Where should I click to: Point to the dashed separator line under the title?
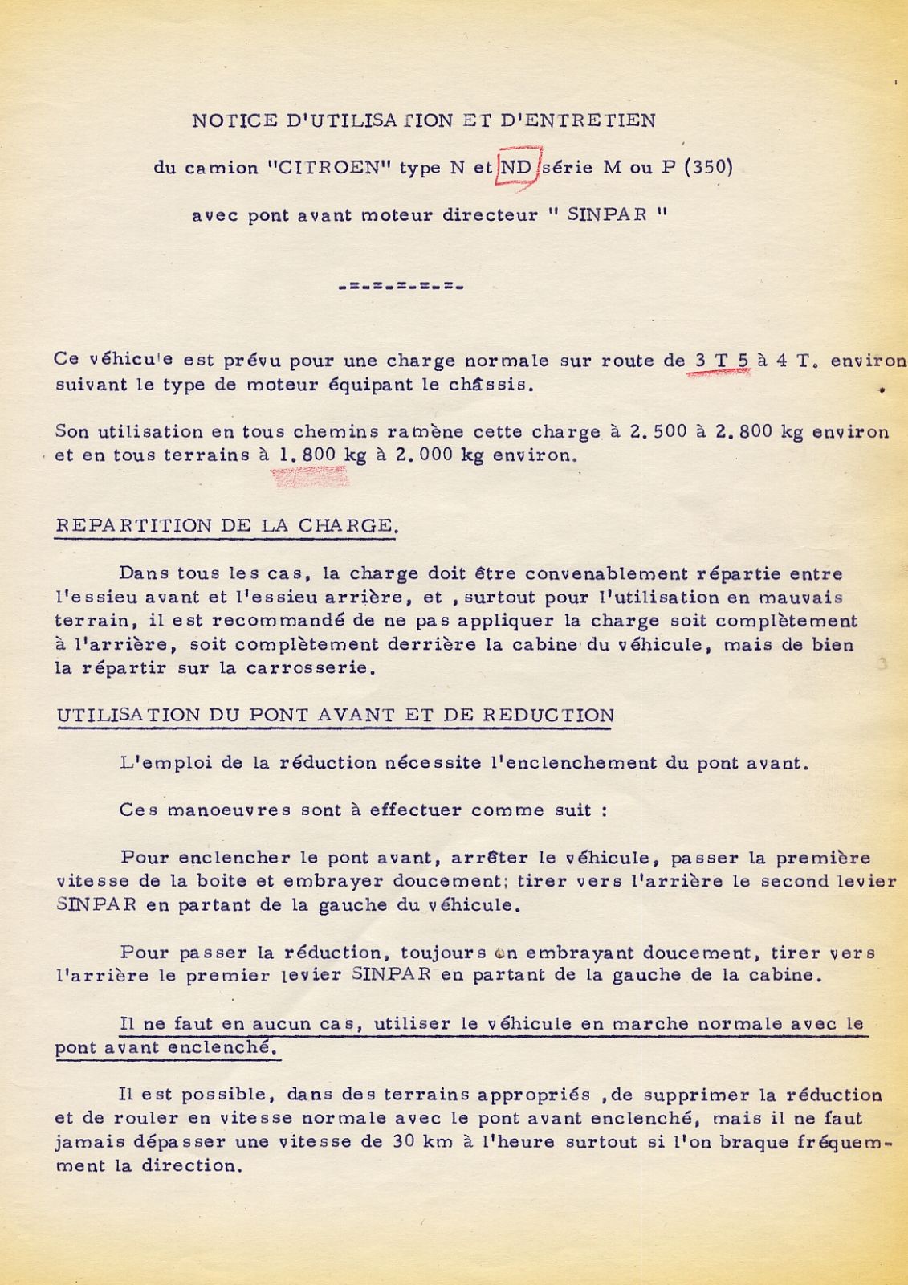click(x=401, y=286)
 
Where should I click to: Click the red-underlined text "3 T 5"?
click(x=721, y=361)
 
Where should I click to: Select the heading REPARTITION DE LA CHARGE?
click(x=226, y=526)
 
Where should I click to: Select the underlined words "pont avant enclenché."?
click(x=167, y=1048)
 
